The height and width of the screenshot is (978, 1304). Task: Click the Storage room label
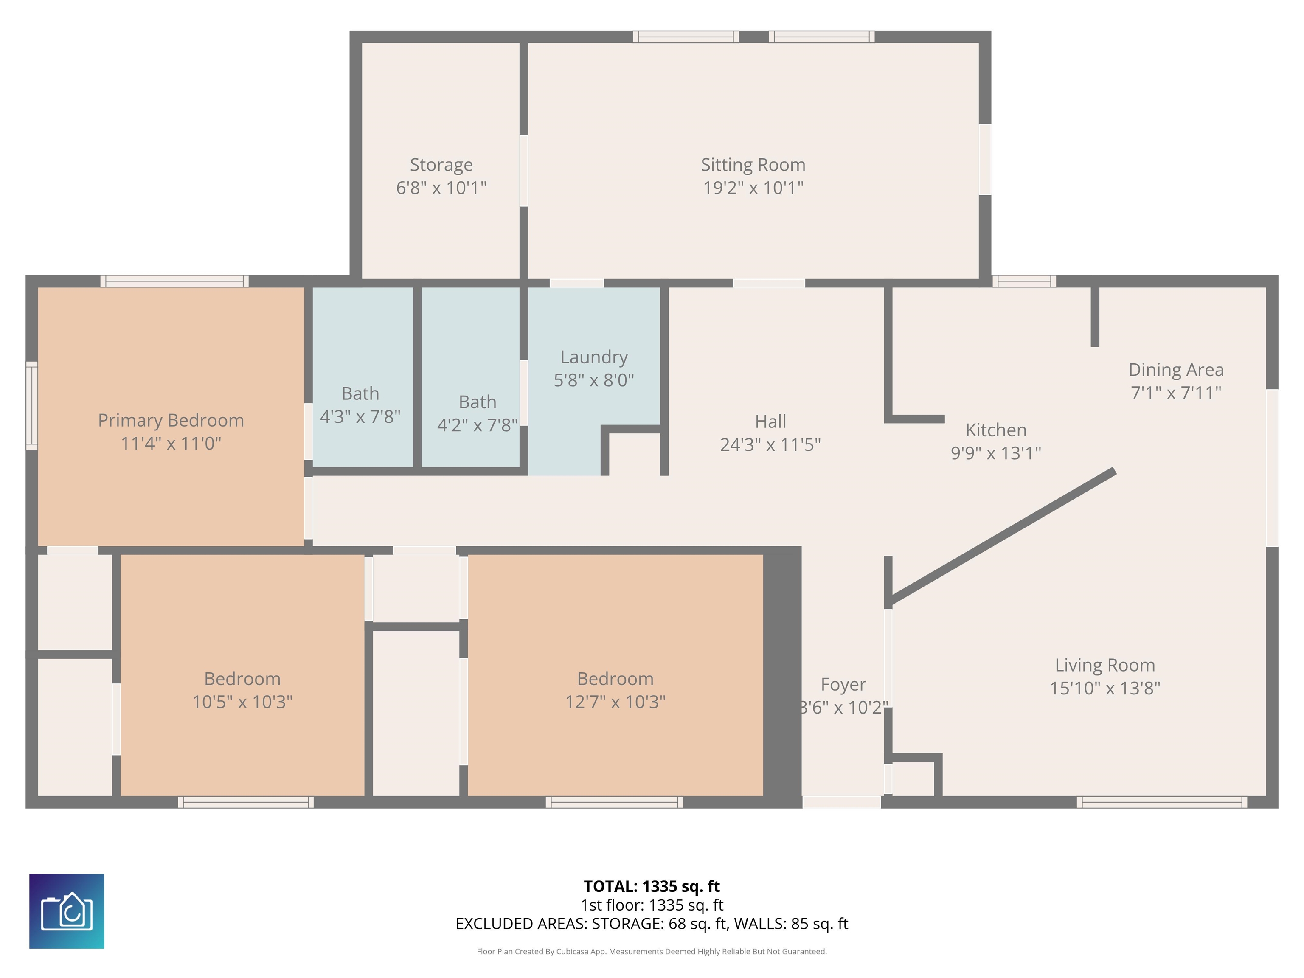tap(441, 164)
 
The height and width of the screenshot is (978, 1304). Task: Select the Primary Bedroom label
tap(171, 420)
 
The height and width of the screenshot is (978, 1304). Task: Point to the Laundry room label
tap(594, 357)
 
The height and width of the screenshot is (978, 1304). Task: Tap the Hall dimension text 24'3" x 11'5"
tap(770, 444)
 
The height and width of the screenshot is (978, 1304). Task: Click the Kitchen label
tap(996, 430)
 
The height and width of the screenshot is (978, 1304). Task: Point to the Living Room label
tap(1105, 666)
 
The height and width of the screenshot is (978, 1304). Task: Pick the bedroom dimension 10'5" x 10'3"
tap(242, 702)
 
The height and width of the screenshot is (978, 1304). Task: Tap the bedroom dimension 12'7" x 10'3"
tap(615, 702)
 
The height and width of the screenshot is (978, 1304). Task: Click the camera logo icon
tap(67, 911)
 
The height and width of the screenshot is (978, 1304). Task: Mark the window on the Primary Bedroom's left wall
tap(32, 405)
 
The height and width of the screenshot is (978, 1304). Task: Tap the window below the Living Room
tap(1162, 802)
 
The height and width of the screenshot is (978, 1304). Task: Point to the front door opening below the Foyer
tap(841, 802)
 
